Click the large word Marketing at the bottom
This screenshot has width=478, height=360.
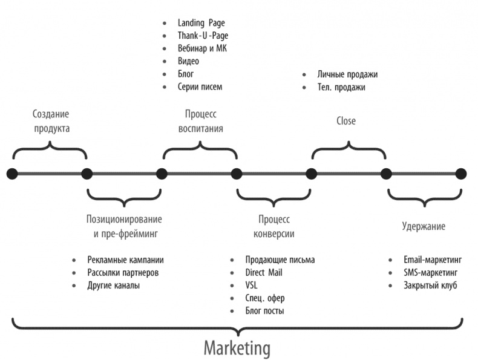tap(237, 349)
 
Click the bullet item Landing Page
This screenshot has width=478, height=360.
tap(201, 22)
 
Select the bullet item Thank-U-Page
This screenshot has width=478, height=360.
tap(202, 36)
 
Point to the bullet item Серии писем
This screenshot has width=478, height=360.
tap(200, 87)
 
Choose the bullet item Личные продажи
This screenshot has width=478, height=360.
tap(347, 74)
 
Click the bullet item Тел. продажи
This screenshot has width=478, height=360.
tap(342, 87)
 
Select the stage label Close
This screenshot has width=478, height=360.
tap(346, 121)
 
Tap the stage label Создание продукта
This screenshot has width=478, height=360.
tap(51, 121)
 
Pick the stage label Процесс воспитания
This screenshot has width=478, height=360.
tap(200, 121)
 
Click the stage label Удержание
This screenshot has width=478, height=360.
tap(424, 226)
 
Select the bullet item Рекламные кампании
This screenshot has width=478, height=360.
tap(125, 260)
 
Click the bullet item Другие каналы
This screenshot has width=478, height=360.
tap(114, 286)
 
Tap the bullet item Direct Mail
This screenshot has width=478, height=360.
tap(264, 273)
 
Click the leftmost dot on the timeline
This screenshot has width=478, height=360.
tap(12, 174)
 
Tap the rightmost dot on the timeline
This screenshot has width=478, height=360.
tap(461, 174)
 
